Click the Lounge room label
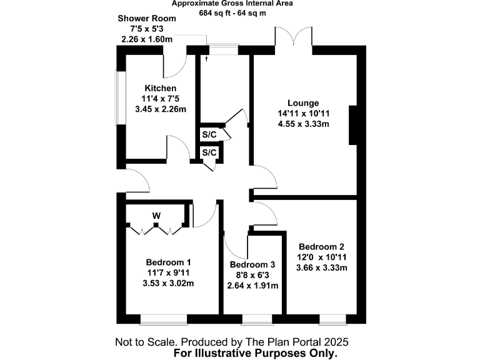[x=303, y=103]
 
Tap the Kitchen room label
[x=161, y=88]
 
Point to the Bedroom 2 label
[x=321, y=246]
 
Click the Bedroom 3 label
[x=252, y=264]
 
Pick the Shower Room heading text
[x=147, y=18]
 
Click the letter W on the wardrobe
[x=156, y=216]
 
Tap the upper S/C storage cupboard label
[x=209, y=135]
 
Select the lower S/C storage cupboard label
[x=209, y=152]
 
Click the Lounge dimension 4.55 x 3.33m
[x=303, y=124]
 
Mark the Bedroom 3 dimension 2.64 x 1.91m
[x=252, y=286]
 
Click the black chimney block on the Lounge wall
[x=354, y=125]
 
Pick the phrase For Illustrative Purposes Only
[x=259, y=353]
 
